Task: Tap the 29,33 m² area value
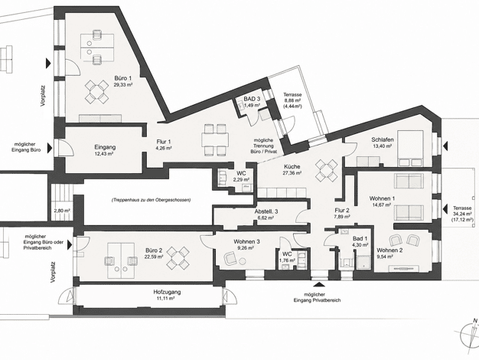pos(123,85)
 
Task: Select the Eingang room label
pos(105,147)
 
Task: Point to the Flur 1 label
pos(164,142)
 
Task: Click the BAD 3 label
pos(252,99)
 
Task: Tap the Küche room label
pos(292,167)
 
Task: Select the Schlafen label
pos(383,139)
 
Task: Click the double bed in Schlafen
pos(410,149)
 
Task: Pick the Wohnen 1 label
pos(382,198)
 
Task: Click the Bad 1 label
pos(360,238)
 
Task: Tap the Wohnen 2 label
pos(389,250)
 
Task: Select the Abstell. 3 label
pos(266,211)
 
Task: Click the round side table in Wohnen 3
pos(243,261)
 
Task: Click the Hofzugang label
pos(167,292)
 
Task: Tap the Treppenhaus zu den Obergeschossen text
pos(152,200)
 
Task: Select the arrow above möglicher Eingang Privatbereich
pos(320,284)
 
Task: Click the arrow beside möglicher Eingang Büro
pos(48,149)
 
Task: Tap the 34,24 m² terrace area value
pos(462,214)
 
